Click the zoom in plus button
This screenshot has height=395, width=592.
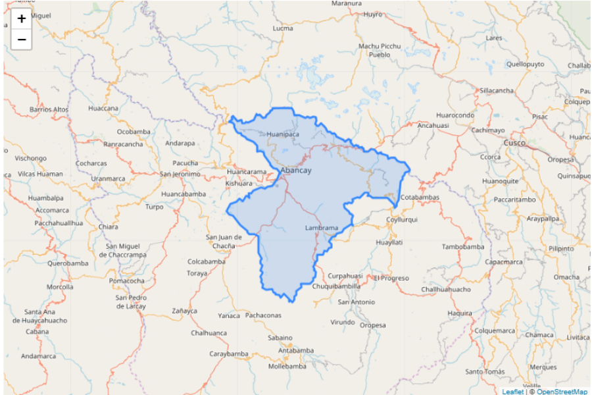pos(22,19)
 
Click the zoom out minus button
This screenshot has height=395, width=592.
pos(22,40)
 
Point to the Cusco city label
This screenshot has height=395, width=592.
pos(514,143)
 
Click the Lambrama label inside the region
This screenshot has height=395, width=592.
pos(322,228)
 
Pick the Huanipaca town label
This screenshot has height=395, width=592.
pos(283,134)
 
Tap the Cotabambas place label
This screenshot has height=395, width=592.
pos(419,197)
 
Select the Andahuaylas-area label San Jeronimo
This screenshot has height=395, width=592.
pos(180,174)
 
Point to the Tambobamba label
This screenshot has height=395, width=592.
pos(462,247)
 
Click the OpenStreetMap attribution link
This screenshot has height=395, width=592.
pos(562,392)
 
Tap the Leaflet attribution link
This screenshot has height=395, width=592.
pos(513,392)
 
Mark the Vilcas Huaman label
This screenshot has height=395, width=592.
pos(40,174)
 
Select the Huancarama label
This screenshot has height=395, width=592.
pos(247,172)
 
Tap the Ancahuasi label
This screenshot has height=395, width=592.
pos(433,125)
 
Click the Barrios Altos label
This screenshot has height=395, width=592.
pos(49,109)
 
